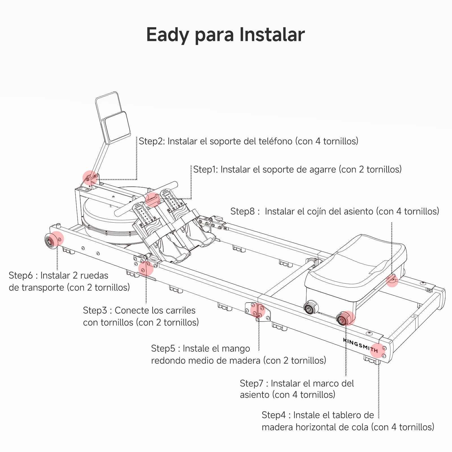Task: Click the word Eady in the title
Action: click(x=168, y=35)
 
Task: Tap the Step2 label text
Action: click(x=248, y=141)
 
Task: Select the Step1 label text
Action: click(x=297, y=169)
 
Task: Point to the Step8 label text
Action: click(x=335, y=211)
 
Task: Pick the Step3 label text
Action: click(x=141, y=316)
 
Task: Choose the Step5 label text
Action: click(x=239, y=355)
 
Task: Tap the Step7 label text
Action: click(x=297, y=389)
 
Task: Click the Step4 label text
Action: click(x=348, y=421)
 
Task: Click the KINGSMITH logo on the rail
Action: click(x=360, y=345)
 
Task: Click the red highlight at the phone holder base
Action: click(x=90, y=178)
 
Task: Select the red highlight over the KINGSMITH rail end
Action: click(x=378, y=350)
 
